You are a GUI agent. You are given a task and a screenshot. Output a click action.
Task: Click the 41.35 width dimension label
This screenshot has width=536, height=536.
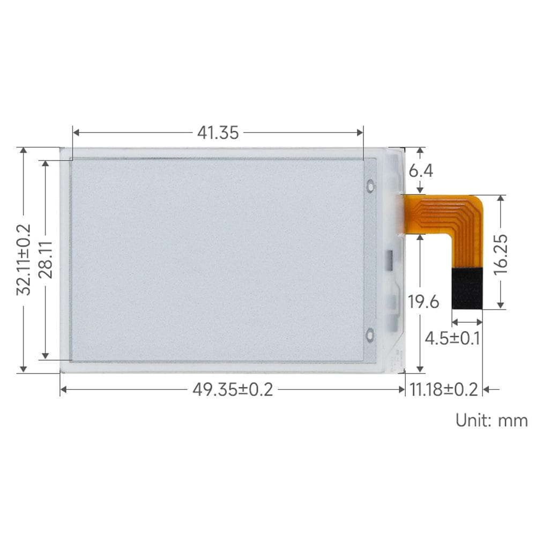(x=218, y=132)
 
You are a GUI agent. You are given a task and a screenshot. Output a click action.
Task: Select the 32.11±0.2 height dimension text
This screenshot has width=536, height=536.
(x=24, y=259)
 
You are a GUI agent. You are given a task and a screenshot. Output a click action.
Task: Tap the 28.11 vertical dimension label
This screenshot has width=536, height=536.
(x=47, y=259)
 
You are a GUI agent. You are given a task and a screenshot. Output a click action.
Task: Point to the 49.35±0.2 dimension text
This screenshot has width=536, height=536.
(x=233, y=390)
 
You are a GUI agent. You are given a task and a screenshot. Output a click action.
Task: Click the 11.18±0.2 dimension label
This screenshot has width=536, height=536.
(x=443, y=390)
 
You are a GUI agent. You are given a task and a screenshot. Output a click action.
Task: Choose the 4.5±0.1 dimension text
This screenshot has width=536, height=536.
(x=452, y=339)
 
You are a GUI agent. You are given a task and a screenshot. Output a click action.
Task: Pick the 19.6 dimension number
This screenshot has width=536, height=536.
(x=423, y=302)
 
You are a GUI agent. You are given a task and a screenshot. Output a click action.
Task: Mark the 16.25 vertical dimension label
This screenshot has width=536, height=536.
(x=501, y=255)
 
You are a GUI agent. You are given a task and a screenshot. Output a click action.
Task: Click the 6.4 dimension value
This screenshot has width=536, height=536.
(x=421, y=171)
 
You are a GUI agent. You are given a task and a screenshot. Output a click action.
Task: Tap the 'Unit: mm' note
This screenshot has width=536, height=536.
(x=492, y=420)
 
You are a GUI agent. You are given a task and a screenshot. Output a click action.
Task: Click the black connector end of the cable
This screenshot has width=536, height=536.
(x=467, y=288)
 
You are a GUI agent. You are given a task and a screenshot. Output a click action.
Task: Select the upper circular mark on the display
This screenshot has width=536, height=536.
(x=370, y=186)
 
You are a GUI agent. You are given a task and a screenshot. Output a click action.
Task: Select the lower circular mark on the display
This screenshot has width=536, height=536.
(x=370, y=335)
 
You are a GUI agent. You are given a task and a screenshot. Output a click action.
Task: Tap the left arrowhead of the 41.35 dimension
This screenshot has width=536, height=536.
(x=76, y=132)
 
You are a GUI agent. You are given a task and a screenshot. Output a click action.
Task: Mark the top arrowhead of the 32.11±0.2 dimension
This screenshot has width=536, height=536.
(x=23, y=151)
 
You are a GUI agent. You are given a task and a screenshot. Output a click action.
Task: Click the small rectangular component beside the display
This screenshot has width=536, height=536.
(x=389, y=259)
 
